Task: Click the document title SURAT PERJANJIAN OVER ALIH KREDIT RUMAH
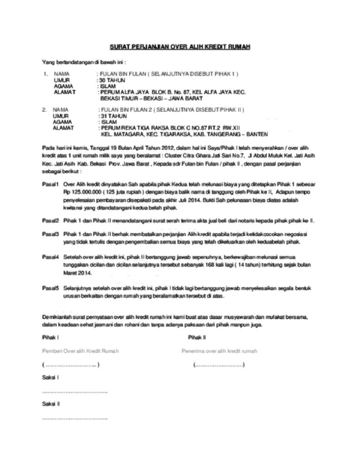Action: click(x=180, y=47)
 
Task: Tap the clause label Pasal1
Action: click(x=50, y=185)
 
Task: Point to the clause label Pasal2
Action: click(x=50, y=221)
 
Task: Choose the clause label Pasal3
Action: click(x=50, y=234)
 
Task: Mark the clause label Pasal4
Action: click(x=50, y=257)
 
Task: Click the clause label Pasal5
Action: click(x=50, y=288)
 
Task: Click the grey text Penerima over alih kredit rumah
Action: click(x=220, y=351)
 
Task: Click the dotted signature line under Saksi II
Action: click(x=75, y=417)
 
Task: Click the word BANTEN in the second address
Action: click(x=257, y=134)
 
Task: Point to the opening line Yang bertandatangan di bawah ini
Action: click(x=84, y=61)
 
